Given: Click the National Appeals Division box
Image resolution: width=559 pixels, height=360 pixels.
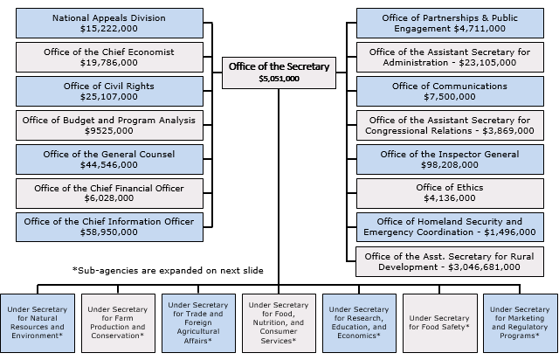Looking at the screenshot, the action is coord(109,24).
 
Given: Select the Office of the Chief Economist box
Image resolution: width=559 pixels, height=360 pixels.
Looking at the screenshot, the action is coord(109,57).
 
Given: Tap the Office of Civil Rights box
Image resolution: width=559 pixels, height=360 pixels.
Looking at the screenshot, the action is coord(109,92).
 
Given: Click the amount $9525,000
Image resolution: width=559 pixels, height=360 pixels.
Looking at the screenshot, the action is coord(109,130).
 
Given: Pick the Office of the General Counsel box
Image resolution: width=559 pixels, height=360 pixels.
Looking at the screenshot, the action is coord(109,160).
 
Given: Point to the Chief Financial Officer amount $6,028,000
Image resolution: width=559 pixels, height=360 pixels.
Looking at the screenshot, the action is coord(109,198).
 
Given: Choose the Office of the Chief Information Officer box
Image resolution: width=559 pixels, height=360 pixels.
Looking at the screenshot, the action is coord(109,227).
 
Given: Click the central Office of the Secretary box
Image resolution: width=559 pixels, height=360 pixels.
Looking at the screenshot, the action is coord(279,73).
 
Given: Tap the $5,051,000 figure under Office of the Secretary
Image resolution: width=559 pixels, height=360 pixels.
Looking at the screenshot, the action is coord(279,79).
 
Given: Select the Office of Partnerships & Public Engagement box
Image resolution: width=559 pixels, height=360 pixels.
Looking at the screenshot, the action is coord(450,24).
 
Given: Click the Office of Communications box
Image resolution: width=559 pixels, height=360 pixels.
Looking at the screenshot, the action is coord(450,92).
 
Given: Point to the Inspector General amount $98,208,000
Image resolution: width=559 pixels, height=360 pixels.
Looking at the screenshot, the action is coord(450,165).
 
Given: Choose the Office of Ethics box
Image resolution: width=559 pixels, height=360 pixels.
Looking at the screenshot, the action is coord(450,193).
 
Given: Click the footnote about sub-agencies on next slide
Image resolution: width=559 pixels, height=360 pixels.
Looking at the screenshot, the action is coord(168,271).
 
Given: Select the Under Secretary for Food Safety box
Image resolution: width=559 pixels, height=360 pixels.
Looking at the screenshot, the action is coord(440,323).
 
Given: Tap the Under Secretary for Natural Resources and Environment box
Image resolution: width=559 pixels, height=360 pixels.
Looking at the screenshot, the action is coord(38,323).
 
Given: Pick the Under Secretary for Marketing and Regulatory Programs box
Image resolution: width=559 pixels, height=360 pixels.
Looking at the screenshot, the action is coord(521,323).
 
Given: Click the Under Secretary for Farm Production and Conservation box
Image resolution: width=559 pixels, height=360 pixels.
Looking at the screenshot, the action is coord(118,323).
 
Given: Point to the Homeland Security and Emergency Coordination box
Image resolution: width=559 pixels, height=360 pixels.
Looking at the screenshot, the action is coord(450,227).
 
